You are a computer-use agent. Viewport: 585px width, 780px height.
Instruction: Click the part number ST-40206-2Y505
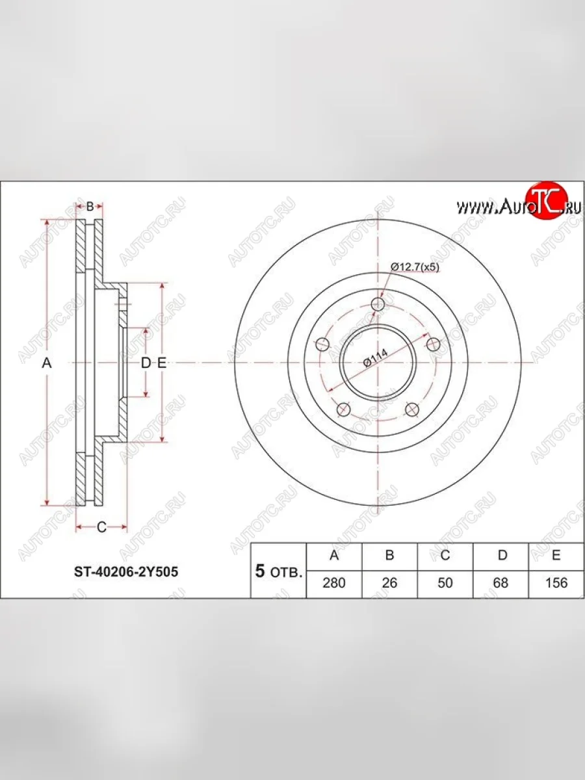(x=126, y=572)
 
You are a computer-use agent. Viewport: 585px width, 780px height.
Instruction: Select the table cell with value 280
(x=334, y=583)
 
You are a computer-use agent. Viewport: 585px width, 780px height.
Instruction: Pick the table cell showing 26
(x=389, y=583)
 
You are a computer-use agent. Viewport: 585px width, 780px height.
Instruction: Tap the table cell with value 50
(x=445, y=583)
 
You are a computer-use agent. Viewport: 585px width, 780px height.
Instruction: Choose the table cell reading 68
(x=500, y=583)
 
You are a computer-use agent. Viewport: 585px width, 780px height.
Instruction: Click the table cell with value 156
(x=556, y=583)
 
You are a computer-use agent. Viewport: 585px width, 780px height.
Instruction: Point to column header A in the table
(x=334, y=557)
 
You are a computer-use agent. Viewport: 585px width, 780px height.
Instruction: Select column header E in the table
(x=556, y=557)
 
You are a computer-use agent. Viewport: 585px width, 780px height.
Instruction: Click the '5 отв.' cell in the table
(x=278, y=570)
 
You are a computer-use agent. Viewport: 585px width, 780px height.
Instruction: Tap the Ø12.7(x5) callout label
(x=415, y=267)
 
